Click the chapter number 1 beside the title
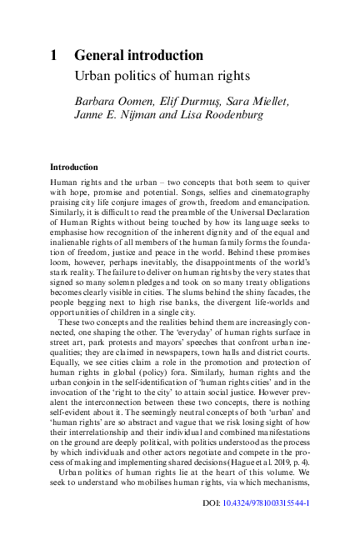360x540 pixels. click(x=53, y=56)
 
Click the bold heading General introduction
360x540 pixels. click(x=138, y=56)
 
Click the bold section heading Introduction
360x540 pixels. click(x=73, y=167)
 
